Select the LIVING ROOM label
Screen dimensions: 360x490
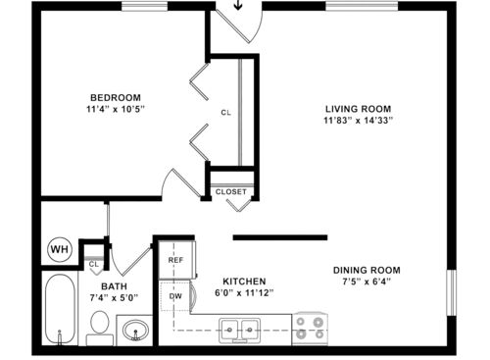click(359, 108)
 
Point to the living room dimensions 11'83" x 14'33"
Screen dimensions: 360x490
click(359, 121)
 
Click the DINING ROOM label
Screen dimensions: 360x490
click(367, 271)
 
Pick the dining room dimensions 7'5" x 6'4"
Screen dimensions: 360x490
click(367, 283)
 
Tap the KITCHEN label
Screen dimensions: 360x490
click(240, 280)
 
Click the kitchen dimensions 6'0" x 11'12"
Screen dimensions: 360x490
click(241, 292)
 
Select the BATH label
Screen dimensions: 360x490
click(115, 286)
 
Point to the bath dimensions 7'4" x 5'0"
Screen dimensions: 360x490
click(115, 299)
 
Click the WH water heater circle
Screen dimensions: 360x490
click(59, 250)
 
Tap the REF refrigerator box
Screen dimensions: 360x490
click(175, 261)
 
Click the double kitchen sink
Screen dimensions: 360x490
click(239, 329)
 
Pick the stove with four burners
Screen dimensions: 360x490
click(312, 329)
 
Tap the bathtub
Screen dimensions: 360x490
click(62, 309)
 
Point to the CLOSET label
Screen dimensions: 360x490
click(232, 191)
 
